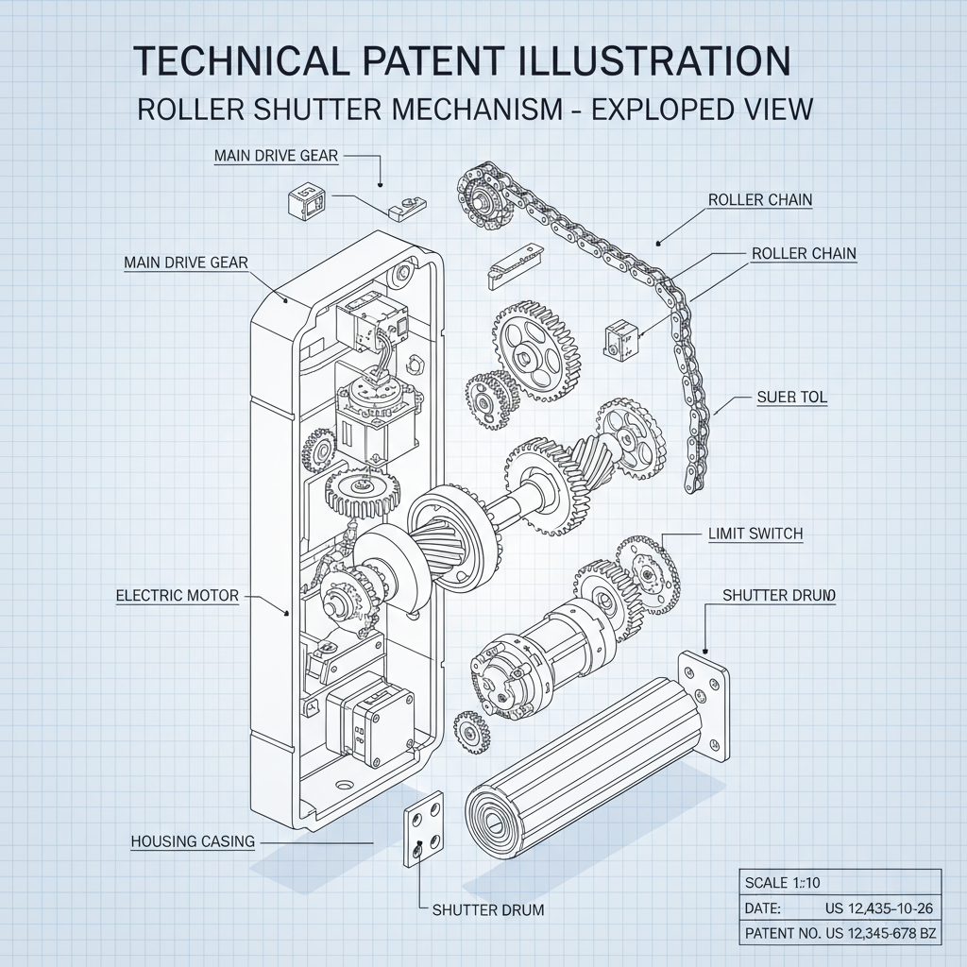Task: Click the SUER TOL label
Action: [x=791, y=398]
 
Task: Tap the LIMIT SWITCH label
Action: [x=755, y=534]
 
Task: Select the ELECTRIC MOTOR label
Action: [x=177, y=596]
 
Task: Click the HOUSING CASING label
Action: [x=193, y=841]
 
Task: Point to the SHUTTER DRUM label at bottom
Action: [x=487, y=910]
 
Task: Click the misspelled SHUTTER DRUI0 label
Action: [x=779, y=595]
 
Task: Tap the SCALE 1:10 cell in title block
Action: [x=784, y=883]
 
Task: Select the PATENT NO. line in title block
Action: [x=840, y=934]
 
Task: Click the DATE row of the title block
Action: [x=840, y=908]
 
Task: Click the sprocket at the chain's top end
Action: [x=483, y=194]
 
